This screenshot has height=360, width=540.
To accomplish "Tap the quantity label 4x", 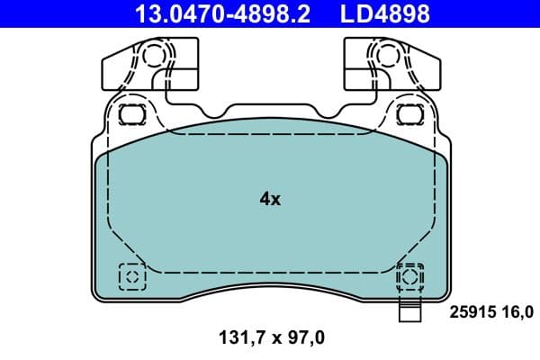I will tap(270, 199).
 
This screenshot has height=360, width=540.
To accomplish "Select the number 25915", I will tap(471, 312).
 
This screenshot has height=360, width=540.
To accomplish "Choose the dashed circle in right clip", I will tap(389, 56).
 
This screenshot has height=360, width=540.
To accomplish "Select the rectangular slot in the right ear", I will tap(409, 114).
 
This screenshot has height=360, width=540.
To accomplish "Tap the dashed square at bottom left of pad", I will tap(132, 275).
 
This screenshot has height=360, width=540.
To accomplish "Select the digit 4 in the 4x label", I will tap(265, 199).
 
